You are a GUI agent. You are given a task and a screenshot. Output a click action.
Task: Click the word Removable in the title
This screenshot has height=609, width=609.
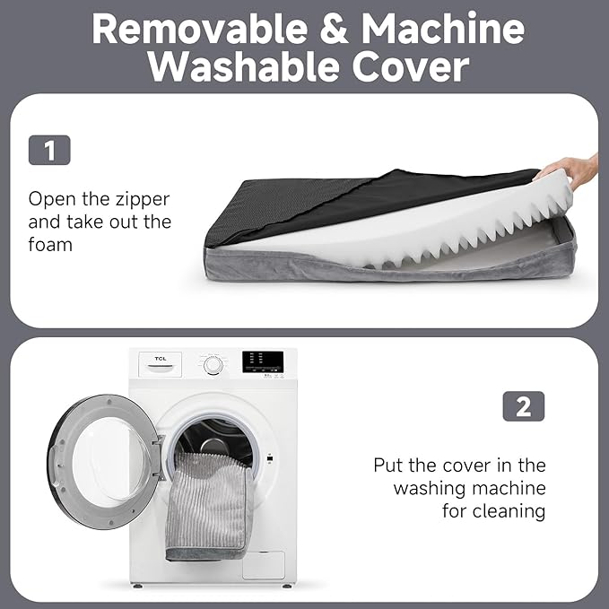coord(200,29)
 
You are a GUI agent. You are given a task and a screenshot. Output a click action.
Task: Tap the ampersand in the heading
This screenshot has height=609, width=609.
coord(334,29)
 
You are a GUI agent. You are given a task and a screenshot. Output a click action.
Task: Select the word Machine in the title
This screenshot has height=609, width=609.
coord(443,28)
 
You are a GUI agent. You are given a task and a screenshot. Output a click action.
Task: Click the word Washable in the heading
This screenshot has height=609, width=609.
coord(244,66)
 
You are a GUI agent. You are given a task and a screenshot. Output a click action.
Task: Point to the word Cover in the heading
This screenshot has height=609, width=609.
coord(411,67)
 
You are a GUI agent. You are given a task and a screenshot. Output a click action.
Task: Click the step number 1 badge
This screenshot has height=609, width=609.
coord(49,150)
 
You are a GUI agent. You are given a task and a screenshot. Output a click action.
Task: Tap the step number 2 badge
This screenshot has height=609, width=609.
coord(524,406)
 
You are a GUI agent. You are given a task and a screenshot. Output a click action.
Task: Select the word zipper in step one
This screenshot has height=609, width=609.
coord(144,200)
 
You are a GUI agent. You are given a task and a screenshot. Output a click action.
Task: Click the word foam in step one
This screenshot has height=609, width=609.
coord(50,245)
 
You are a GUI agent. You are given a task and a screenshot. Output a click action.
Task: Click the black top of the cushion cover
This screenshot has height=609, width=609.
coord(350,202)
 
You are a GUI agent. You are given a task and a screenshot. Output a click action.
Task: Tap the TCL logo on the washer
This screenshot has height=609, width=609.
coord(161,359)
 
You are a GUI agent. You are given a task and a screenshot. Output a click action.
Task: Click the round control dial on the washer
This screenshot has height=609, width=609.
coord(213,365)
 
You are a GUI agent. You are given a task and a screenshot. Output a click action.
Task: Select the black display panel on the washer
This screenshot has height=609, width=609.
coord(263,362)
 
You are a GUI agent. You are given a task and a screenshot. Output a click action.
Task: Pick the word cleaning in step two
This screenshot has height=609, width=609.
coord(509,511)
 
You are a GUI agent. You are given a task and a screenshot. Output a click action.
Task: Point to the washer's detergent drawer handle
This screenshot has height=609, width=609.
coord(160,369)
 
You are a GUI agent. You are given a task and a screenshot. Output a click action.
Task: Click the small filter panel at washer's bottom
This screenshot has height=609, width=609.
coord(264,565)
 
